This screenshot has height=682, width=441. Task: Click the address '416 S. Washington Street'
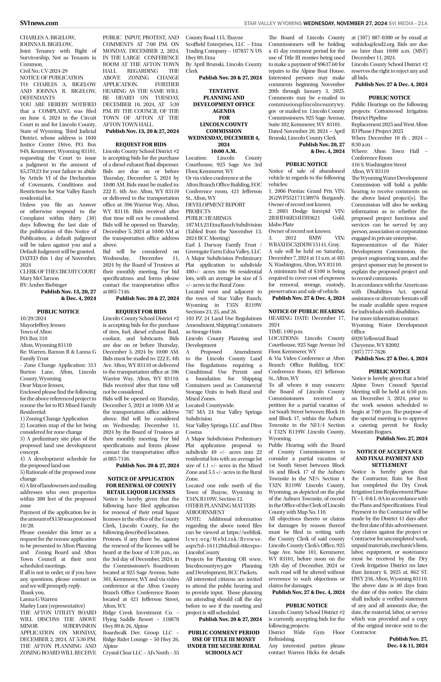(x=379, y=164)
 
